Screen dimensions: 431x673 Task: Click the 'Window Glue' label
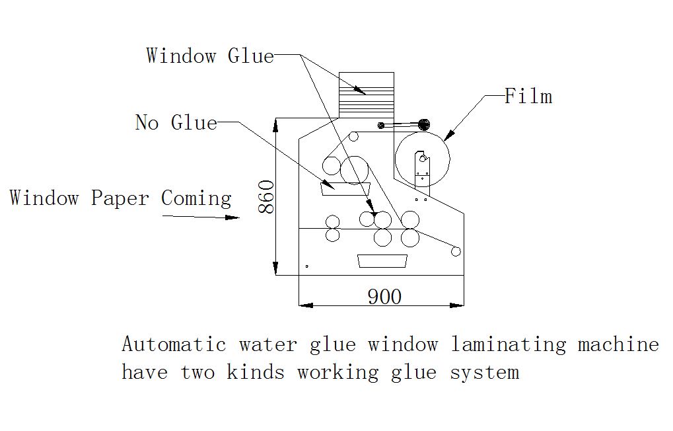pyautogui.click(x=209, y=56)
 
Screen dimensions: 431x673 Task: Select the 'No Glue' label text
pyautogui.click(x=176, y=122)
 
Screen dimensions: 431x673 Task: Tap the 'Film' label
pyautogui.click(x=528, y=97)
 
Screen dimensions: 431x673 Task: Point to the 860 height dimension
pyautogui.click(x=266, y=196)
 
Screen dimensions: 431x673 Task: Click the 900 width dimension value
pyautogui.click(x=384, y=297)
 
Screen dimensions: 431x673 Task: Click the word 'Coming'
pyautogui.click(x=196, y=198)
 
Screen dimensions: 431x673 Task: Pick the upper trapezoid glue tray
pyautogui.click(x=345, y=188)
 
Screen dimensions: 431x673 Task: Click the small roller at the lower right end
pyautogui.click(x=455, y=251)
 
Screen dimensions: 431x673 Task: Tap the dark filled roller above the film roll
pyautogui.click(x=423, y=124)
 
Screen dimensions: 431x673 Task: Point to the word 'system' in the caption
pyautogui.click(x=484, y=372)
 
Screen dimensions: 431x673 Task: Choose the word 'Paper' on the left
pyautogui.click(x=120, y=198)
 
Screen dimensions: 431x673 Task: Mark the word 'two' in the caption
pyautogui.click(x=198, y=372)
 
